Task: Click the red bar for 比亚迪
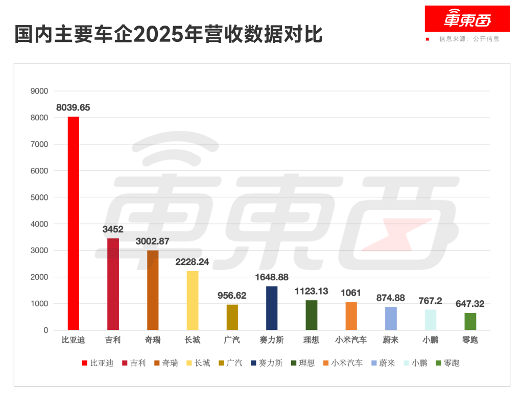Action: coord(74,223)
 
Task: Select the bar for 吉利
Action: coord(113,284)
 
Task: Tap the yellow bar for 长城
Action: coord(193,300)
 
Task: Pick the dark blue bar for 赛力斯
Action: coord(272,308)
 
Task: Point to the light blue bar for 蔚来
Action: coord(391,318)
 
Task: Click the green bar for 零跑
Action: coord(470,321)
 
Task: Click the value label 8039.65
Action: coord(73,108)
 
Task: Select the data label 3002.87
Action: coord(152,241)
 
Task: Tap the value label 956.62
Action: coord(232,296)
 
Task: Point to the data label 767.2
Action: coord(431,301)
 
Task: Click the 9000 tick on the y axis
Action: coord(39,91)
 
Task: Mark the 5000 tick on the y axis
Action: coord(39,197)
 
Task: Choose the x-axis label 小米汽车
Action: coord(351,340)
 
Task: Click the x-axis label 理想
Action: coord(311,340)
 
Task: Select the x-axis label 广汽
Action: coord(232,340)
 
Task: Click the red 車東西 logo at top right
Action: coord(467,19)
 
